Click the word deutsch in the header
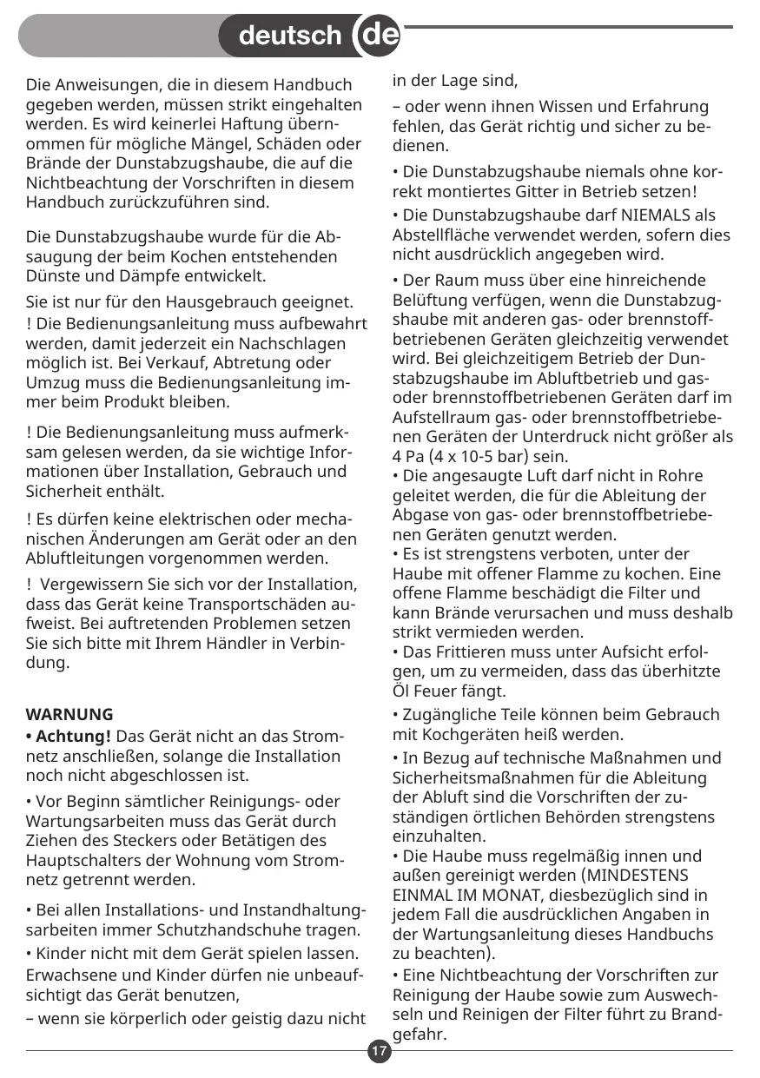tap(289, 36)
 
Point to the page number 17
tap(379, 1052)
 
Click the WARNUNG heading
tap(70, 715)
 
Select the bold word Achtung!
tap(69, 737)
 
